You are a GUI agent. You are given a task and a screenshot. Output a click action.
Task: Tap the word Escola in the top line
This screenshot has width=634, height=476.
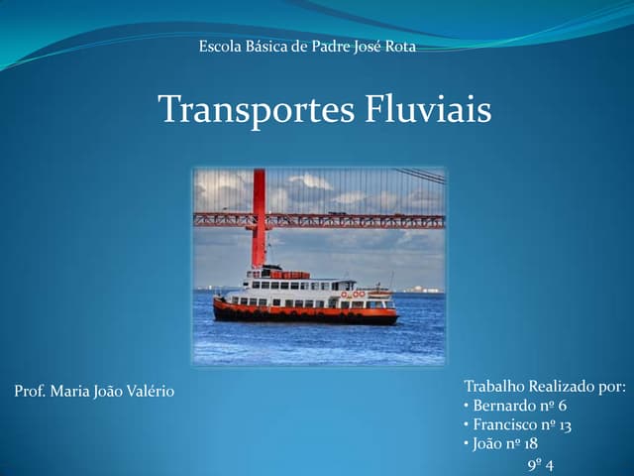tap(220, 47)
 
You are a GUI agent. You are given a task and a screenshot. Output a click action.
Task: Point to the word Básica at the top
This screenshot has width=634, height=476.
tap(269, 47)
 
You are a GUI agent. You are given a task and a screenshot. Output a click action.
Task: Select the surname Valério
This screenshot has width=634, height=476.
tap(148, 391)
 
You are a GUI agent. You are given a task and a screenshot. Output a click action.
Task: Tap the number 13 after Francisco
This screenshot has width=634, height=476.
tap(564, 424)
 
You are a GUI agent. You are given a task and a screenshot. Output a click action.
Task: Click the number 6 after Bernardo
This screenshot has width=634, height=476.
tap(563, 406)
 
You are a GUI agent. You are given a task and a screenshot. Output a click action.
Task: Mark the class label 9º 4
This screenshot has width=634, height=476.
tap(540, 464)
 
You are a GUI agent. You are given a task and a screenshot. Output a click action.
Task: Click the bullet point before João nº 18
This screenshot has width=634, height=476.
tap(467, 443)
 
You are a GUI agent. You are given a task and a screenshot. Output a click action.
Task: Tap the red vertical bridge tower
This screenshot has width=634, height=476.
tap(259, 213)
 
